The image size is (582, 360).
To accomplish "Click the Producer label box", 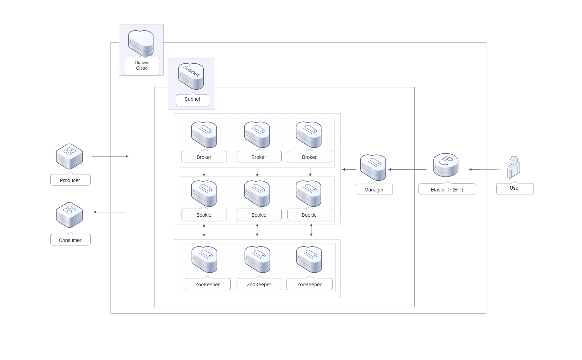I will (70, 180).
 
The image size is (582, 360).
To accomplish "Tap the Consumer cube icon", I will (69, 215).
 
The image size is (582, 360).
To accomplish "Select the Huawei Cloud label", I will (142, 66).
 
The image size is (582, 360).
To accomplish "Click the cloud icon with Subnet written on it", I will (191, 76).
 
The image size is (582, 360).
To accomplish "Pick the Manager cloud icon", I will (373, 168).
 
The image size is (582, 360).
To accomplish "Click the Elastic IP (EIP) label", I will (447, 189).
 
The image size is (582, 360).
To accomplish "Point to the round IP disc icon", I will (446, 165).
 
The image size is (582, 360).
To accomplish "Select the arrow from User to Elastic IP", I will (484, 170).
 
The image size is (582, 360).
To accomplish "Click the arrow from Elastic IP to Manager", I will (407, 170).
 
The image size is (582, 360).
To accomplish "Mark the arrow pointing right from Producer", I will (110, 156).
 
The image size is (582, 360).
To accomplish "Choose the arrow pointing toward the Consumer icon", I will (109, 212).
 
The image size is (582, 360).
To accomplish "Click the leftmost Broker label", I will (204, 157).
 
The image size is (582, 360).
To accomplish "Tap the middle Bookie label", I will (259, 215).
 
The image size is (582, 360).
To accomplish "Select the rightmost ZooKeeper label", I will (309, 284).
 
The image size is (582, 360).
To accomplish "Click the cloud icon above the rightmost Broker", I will (309, 135).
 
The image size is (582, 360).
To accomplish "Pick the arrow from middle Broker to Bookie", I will (257, 172).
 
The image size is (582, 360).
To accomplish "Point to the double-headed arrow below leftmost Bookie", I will (204, 230).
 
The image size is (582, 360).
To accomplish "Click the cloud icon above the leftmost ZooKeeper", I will (204, 259).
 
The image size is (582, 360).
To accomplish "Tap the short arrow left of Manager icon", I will (349, 170).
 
